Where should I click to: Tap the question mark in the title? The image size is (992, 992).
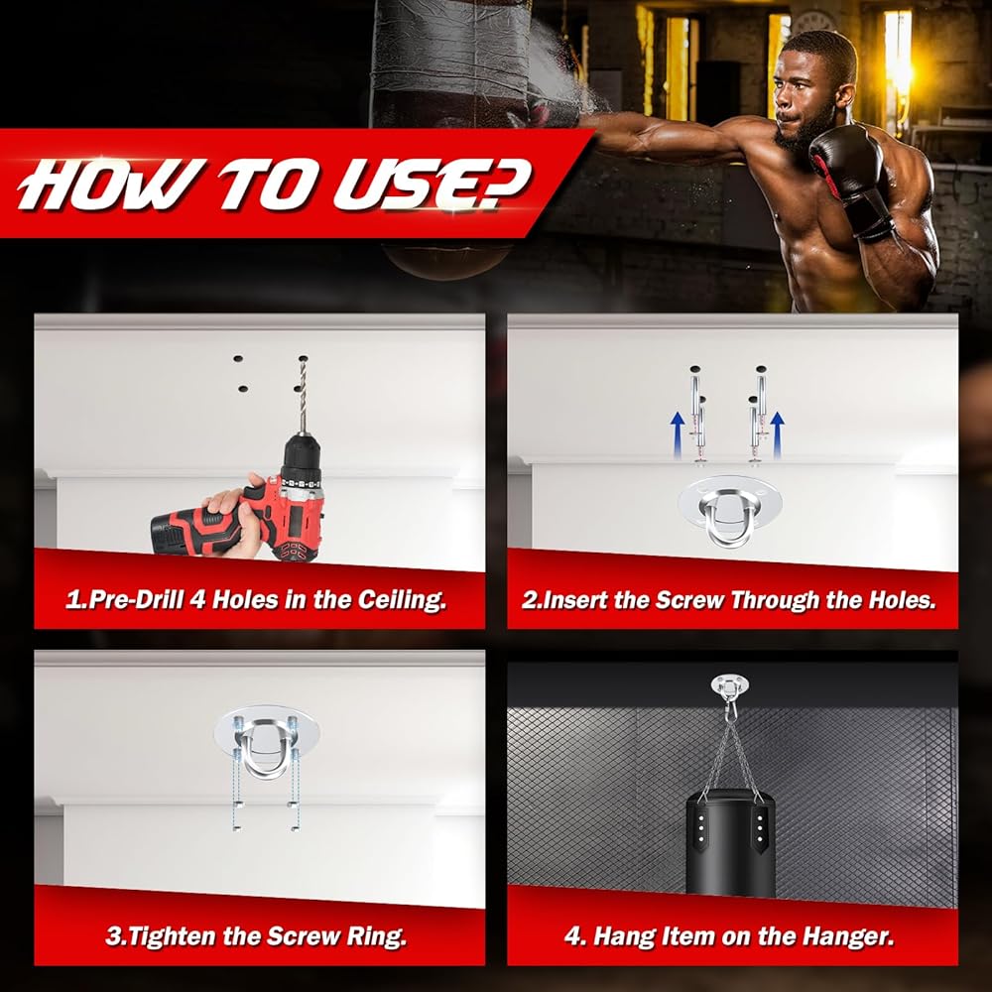[x=503, y=184]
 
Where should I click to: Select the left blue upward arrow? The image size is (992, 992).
[x=678, y=434]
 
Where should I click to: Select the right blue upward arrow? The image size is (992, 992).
[x=778, y=434]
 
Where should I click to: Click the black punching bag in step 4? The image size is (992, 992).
[x=731, y=841]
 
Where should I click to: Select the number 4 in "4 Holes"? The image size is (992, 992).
[x=198, y=599]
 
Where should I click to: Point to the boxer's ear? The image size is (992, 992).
[x=844, y=95]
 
